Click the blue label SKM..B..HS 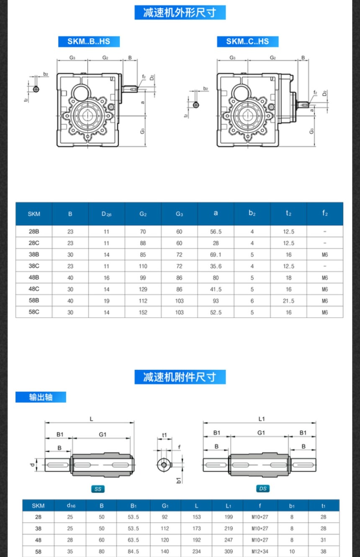point(89,41)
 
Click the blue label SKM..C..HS point(247,41)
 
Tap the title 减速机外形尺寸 point(180,13)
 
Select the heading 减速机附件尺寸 point(180,377)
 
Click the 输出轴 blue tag point(41,397)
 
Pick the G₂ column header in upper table point(143,214)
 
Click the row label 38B point(33,254)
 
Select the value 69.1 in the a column point(216,254)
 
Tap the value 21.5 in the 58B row point(288,301)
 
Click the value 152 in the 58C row point(143,312)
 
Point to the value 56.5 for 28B point(216,231)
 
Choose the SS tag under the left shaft point(98,489)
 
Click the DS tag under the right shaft point(262,489)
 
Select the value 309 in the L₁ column point(229,552)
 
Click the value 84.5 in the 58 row point(134,552)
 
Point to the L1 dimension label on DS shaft point(262,419)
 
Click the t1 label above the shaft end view point(165,435)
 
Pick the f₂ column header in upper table point(325,213)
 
